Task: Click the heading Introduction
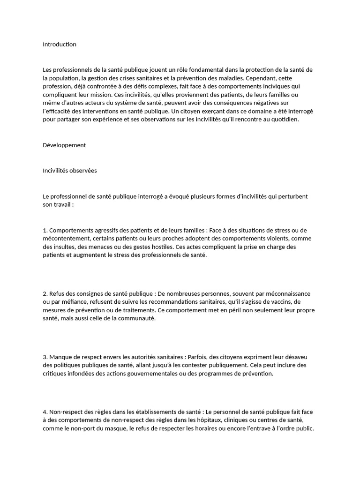click(59, 45)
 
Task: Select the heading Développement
click(64, 145)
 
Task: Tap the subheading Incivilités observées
click(69, 171)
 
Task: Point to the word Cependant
click(263, 78)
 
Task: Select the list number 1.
click(45, 230)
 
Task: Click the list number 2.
click(45, 293)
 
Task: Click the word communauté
click(137, 319)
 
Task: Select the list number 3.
click(45, 357)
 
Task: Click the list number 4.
click(45, 412)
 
